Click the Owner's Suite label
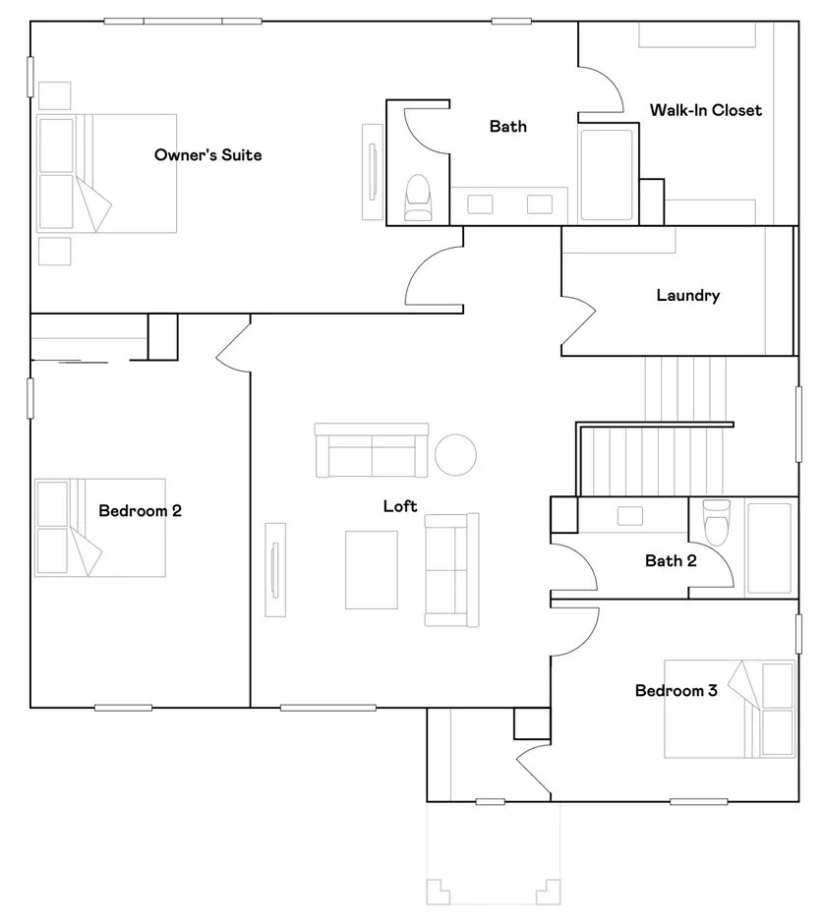point(207,155)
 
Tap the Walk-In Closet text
point(705,110)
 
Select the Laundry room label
point(688,295)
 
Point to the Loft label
point(400,505)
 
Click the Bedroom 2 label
point(140,510)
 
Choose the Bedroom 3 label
point(677,690)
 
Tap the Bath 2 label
point(671,561)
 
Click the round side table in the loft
point(455,454)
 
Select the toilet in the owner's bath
point(418,198)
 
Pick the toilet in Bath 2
point(717,522)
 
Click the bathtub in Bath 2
point(769,548)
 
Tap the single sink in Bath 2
point(630,516)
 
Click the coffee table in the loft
point(371,570)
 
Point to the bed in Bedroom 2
point(100,528)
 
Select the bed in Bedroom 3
point(730,709)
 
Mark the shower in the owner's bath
point(607,174)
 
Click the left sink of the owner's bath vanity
point(480,204)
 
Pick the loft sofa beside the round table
point(372,450)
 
